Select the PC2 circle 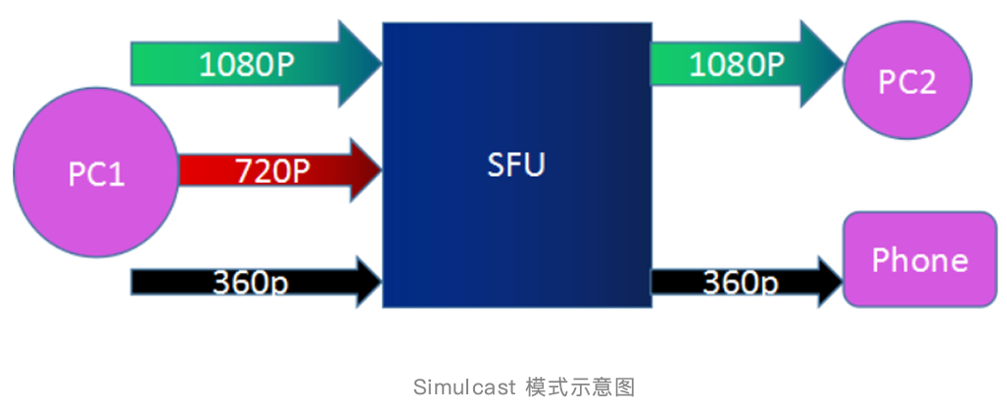coord(907,80)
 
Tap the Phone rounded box coord(919,258)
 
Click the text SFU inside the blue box coord(516,164)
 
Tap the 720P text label coord(271,171)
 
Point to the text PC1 coord(96,174)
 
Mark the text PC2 coord(907,81)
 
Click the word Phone coord(919,259)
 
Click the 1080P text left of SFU coord(247,65)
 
